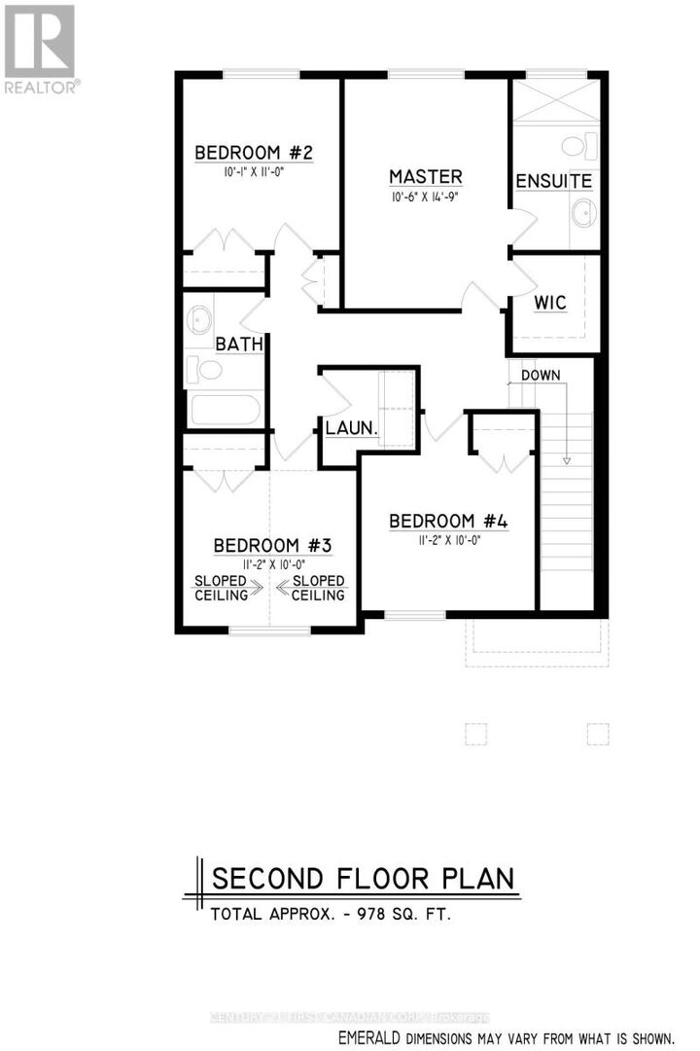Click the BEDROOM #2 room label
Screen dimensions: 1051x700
(253, 153)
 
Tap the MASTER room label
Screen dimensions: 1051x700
(425, 177)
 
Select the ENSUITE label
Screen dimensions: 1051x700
(553, 182)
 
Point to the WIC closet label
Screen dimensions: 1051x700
(549, 302)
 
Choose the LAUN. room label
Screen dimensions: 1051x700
(351, 427)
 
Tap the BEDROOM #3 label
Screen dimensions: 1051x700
(272, 544)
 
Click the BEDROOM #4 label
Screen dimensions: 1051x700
(448, 521)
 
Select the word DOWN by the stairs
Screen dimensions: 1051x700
(541, 375)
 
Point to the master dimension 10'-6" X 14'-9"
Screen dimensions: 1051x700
(425, 196)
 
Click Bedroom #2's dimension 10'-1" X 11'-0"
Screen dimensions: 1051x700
(253, 170)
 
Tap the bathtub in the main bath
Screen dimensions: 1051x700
(226, 408)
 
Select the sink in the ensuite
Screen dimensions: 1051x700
(583, 213)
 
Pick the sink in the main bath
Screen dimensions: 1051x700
(201, 319)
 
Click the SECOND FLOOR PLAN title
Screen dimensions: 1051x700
(364, 878)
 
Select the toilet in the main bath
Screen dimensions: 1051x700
(206, 368)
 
